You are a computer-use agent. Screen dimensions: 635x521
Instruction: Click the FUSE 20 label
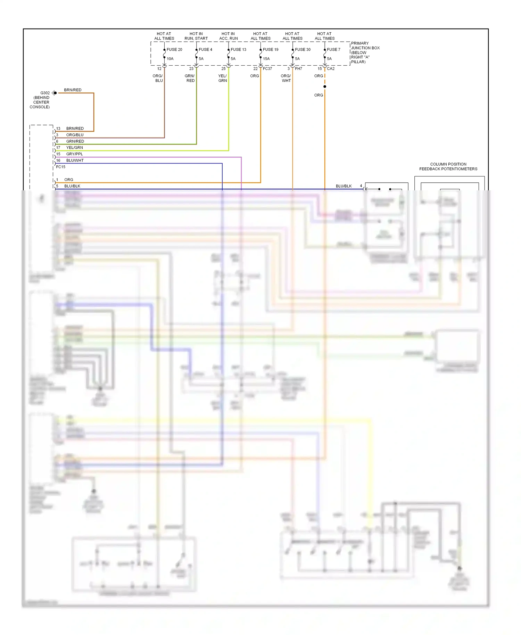174,50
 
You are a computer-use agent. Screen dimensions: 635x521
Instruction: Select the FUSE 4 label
205,50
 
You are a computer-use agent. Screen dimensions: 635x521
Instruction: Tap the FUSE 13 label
238,50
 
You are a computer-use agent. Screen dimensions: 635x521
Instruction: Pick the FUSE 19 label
271,50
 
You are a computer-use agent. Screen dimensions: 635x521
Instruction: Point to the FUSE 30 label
303,50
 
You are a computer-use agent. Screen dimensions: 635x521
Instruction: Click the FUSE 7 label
333,50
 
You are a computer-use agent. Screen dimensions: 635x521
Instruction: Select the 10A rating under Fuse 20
170,59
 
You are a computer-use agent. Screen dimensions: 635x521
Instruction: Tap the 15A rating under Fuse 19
266,59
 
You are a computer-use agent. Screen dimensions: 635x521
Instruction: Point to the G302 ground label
45,93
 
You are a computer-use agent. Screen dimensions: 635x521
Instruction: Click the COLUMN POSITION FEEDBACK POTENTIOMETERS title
448,167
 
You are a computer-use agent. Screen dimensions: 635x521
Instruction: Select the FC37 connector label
267,69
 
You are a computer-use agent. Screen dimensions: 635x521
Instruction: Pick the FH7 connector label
298,69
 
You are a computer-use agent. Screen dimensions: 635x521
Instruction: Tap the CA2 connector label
331,69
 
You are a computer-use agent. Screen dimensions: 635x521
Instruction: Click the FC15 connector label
61,167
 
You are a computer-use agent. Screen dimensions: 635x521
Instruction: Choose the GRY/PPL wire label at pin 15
74,154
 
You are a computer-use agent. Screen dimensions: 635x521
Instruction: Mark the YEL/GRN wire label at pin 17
74,148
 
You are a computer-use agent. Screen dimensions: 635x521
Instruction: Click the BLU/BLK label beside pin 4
344,186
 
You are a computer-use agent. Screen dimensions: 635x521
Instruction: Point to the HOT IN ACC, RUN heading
228,36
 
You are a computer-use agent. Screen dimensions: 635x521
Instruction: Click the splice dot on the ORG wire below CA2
325,86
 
